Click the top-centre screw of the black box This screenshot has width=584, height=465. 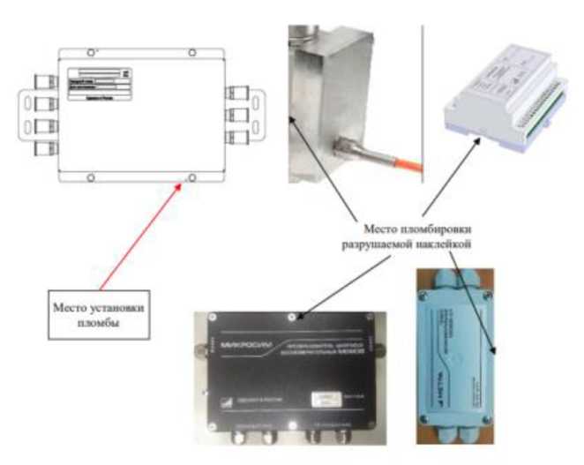coord(292,315)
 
